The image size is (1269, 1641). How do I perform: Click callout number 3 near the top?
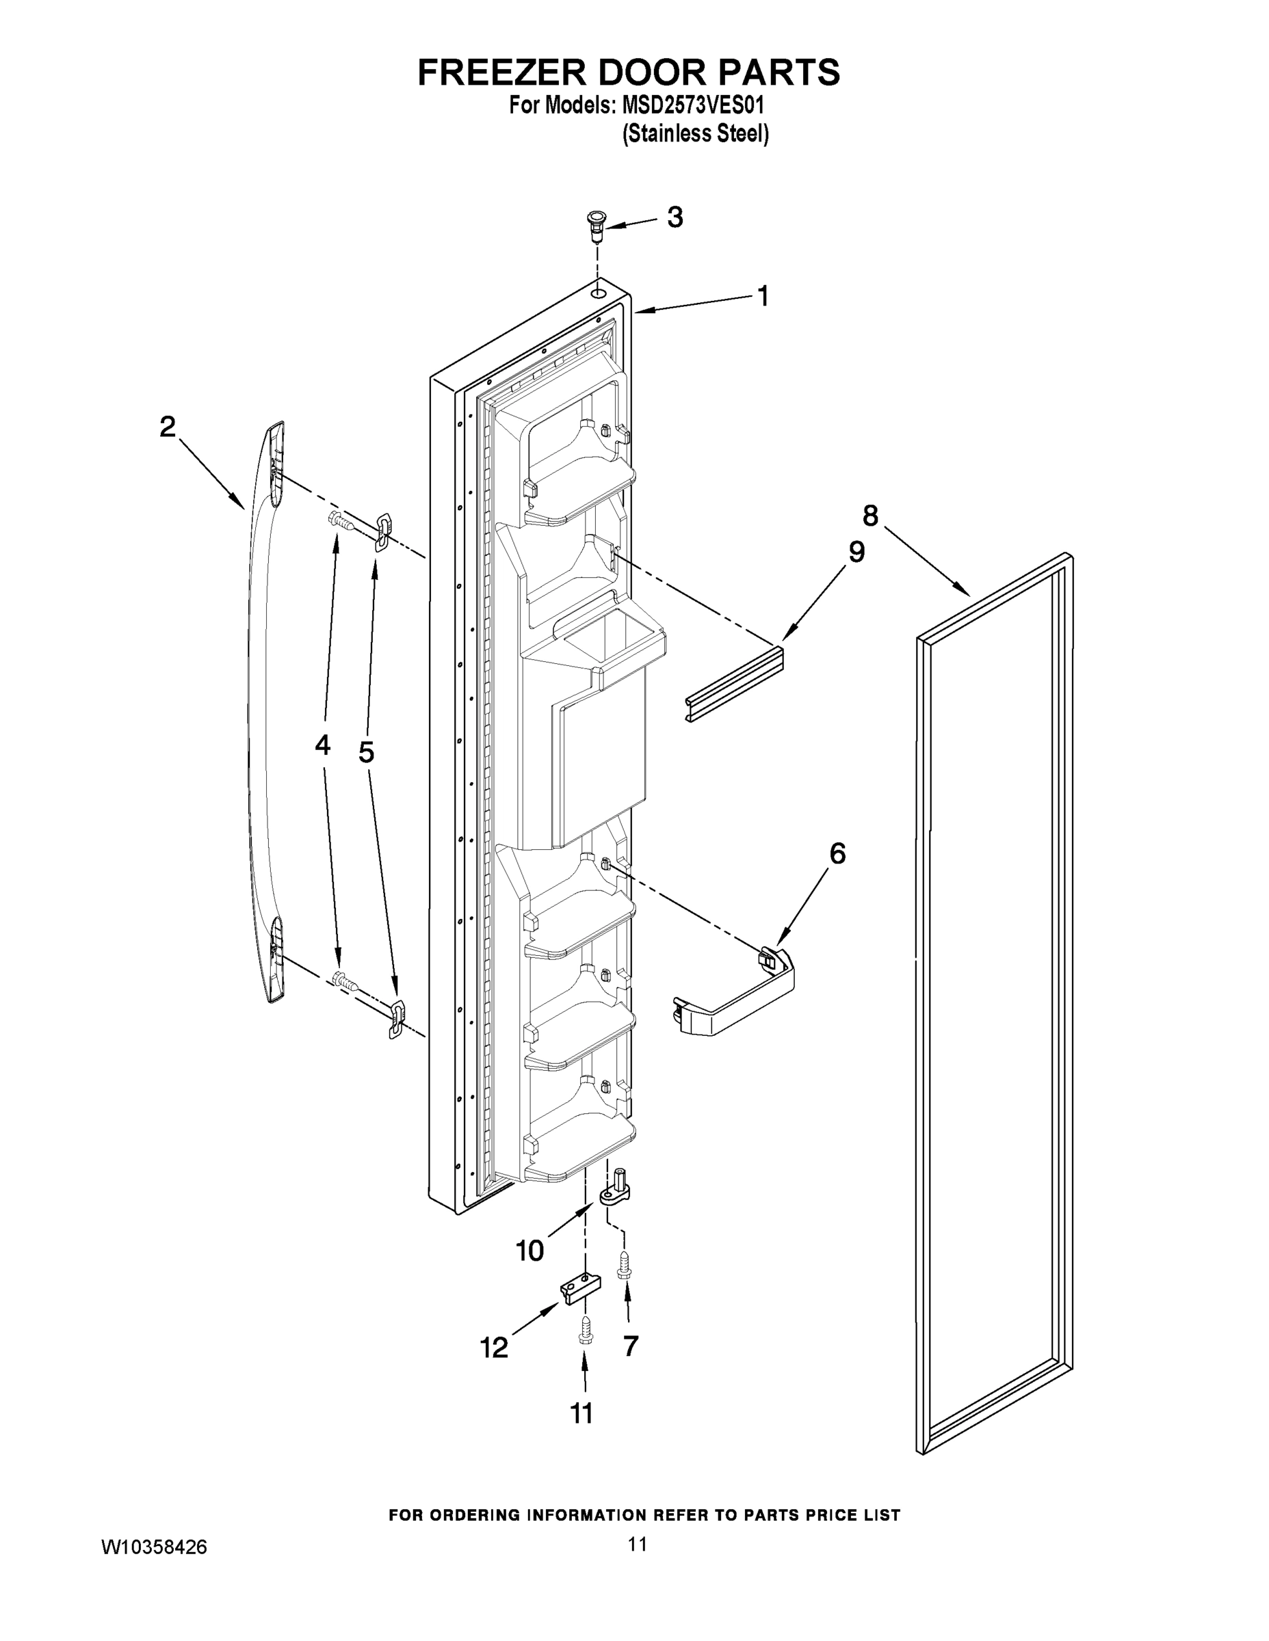(x=675, y=218)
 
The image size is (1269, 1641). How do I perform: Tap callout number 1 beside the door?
(x=763, y=296)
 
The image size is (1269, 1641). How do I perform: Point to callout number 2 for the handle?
(x=168, y=427)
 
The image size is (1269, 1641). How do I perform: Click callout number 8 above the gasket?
(x=869, y=516)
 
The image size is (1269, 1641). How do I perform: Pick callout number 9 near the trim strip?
(x=856, y=552)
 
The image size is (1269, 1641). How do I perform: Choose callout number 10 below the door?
(x=529, y=1251)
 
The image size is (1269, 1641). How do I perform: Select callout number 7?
(x=630, y=1346)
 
